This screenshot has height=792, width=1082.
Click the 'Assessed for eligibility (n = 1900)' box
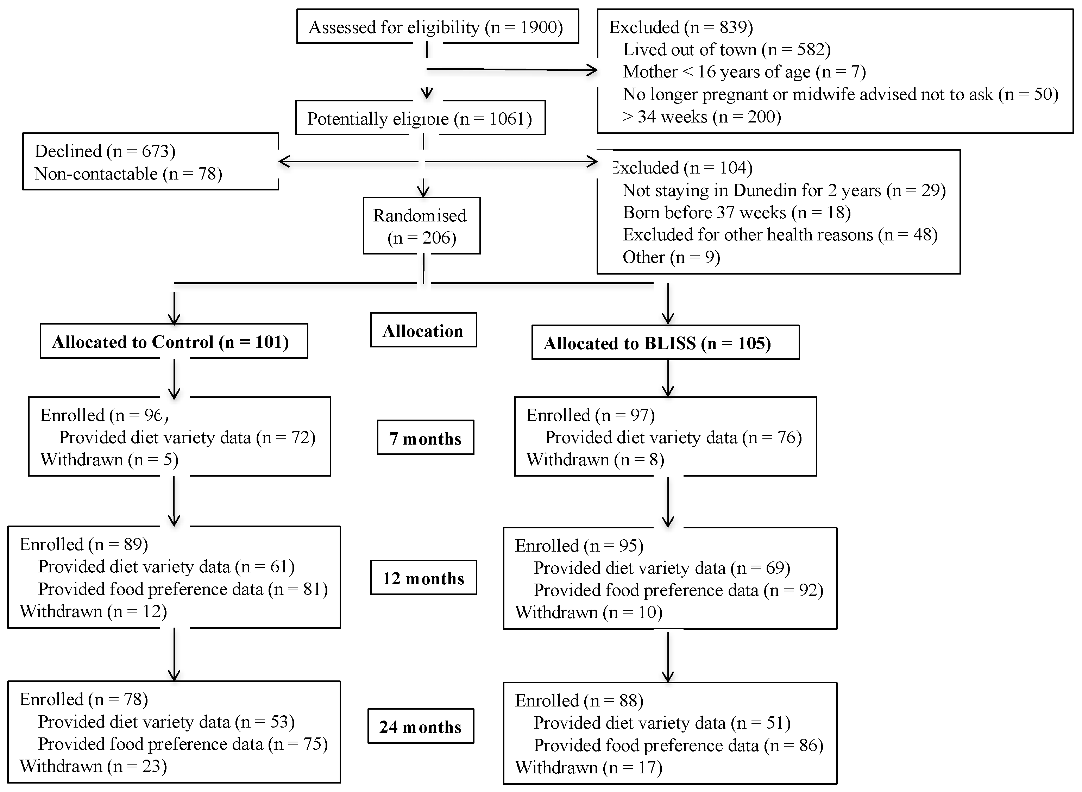(437, 27)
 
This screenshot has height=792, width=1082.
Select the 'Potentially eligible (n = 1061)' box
(420, 118)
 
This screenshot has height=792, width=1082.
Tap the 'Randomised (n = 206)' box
(421, 226)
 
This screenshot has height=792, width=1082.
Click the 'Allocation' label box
(423, 330)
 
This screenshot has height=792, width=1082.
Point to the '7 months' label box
(425, 438)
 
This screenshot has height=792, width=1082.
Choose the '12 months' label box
(423, 578)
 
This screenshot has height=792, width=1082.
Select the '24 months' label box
(420, 726)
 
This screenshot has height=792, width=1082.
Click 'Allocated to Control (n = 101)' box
(171, 342)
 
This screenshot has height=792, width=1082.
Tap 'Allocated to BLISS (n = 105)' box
(657, 343)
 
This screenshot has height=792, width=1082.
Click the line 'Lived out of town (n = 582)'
(726, 49)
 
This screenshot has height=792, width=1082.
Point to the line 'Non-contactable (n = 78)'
(128, 174)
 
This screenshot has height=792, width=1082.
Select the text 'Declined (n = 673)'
(105, 151)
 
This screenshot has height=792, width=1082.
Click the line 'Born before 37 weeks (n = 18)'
(736, 212)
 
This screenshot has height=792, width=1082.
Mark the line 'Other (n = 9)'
(671, 257)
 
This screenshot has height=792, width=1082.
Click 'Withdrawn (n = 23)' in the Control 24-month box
(93, 766)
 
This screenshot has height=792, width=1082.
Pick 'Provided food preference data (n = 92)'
(678, 590)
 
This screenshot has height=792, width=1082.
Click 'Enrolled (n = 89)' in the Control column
(84, 544)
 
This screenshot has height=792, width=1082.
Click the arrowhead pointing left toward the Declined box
(284, 162)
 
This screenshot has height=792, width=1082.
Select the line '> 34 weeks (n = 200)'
(702, 117)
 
